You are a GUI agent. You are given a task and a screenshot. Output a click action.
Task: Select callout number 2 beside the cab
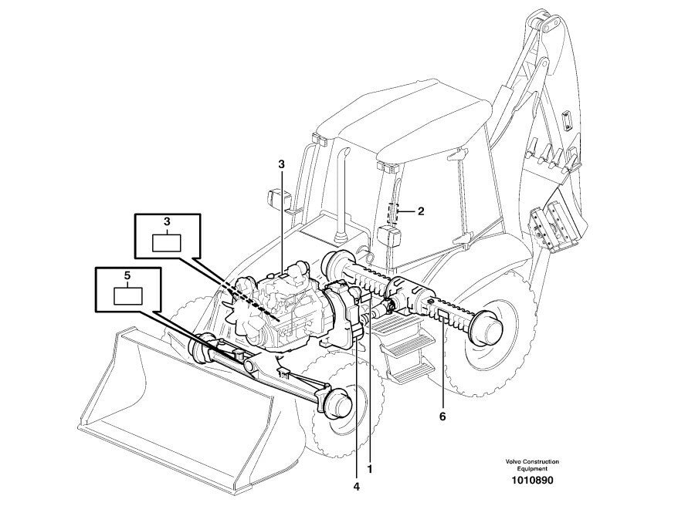click(421, 210)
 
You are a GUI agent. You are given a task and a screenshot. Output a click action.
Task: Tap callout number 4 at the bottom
click(357, 487)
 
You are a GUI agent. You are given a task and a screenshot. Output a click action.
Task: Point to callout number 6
click(442, 417)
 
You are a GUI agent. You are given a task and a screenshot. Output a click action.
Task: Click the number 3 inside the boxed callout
click(166, 221)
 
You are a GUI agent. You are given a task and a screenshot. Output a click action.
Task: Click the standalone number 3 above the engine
click(281, 164)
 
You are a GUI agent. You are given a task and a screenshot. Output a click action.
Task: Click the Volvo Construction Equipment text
click(532, 465)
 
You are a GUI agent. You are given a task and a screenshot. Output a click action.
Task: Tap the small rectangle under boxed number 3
click(166, 241)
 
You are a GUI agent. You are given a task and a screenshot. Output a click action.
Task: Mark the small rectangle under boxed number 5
click(128, 295)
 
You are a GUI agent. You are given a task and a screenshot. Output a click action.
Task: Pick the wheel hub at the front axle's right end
click(339, 403)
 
